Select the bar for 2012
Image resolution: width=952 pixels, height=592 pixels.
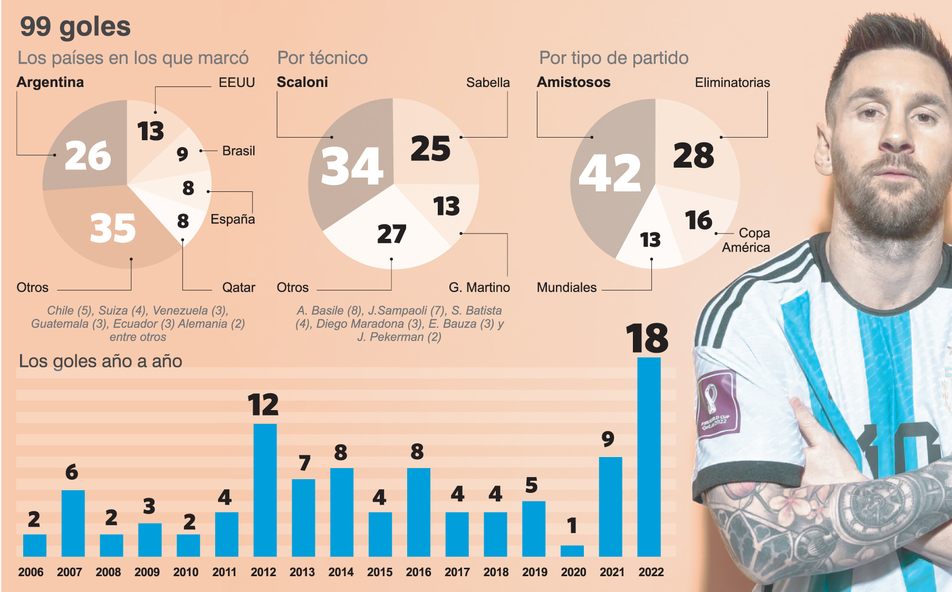coord(265,490)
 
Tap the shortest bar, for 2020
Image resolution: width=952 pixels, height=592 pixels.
coord(572,551)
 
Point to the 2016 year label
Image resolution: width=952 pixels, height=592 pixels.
coord(418,572)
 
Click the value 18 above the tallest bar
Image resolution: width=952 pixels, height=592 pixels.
coord(647,338)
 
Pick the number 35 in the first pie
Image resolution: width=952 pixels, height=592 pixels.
coord(113,228)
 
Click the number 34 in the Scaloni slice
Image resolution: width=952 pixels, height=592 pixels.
coord(352,167)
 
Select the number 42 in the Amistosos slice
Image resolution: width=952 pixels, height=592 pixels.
coord(610,173)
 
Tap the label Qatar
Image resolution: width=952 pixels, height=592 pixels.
coord(238,287)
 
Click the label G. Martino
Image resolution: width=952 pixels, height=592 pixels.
coord(479,287)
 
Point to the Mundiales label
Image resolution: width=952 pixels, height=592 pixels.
coord(566,287)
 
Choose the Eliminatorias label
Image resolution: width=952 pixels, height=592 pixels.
coord(732,83)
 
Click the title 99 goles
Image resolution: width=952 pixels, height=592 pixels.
coord(75,26)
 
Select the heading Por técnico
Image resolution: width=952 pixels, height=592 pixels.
coord(322,58)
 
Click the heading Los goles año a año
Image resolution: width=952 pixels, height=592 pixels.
coord(100,361)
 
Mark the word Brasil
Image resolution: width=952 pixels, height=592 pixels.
coord(238,151)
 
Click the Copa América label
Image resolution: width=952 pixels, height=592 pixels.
coord(746,240)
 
